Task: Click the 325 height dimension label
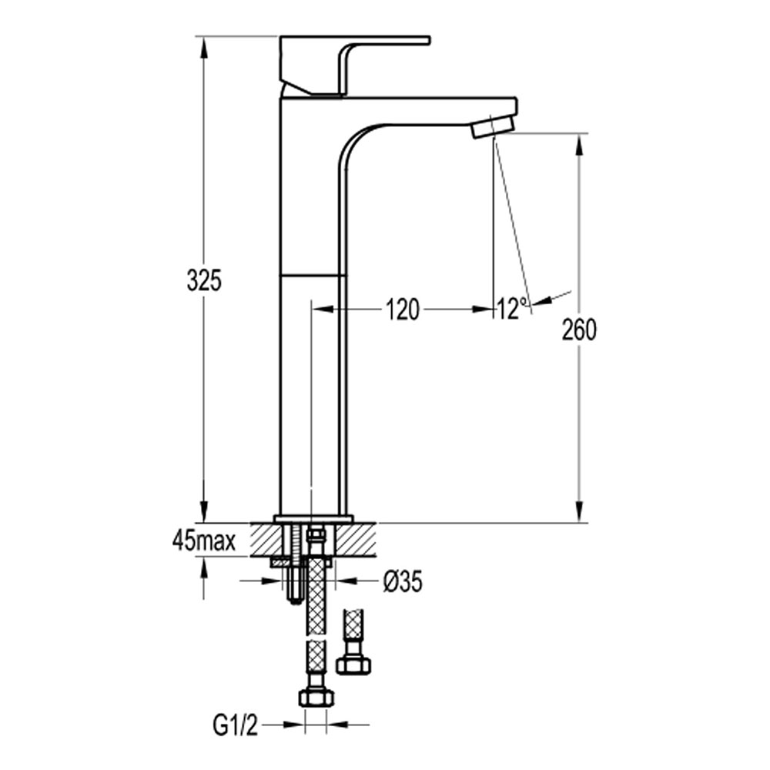coord(204,280)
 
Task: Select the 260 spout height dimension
coord(580,330)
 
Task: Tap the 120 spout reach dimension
coord(402,310)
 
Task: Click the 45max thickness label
coord(204,542)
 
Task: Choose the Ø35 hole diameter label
coord(402,582)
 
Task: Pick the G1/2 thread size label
coord(235,727)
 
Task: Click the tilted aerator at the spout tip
coord(493,127)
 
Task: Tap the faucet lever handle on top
coord(354,65)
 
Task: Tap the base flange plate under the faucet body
coord(314,519)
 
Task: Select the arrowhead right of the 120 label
coord(484,309)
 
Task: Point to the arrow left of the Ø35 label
coord(262,581)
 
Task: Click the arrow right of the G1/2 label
coord(348,725)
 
